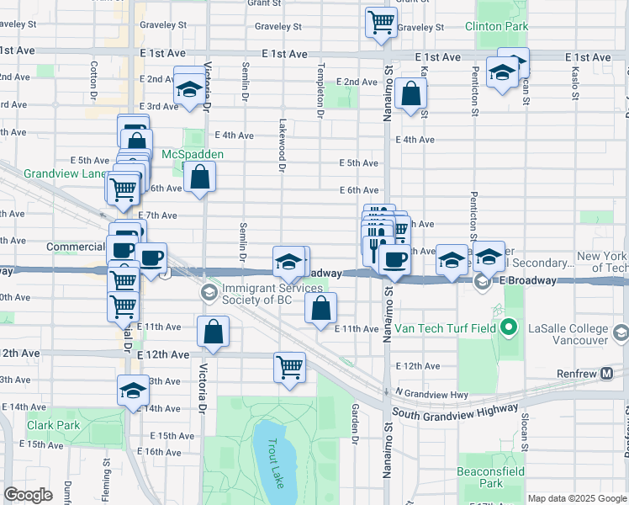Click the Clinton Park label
tap(502, 27)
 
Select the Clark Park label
tap(53, 425)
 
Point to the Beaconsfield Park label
tap(491, 476)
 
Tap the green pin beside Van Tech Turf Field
tap(507, 327)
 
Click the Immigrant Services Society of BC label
tap(265, 293)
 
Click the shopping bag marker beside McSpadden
tap(200, 178)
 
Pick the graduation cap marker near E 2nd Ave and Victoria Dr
tap(190, 88)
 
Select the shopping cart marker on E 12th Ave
tap(289, 367)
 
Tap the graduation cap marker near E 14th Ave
tap(133, 391)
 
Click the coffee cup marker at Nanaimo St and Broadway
tap(394, 259)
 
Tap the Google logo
tap(28, 495)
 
